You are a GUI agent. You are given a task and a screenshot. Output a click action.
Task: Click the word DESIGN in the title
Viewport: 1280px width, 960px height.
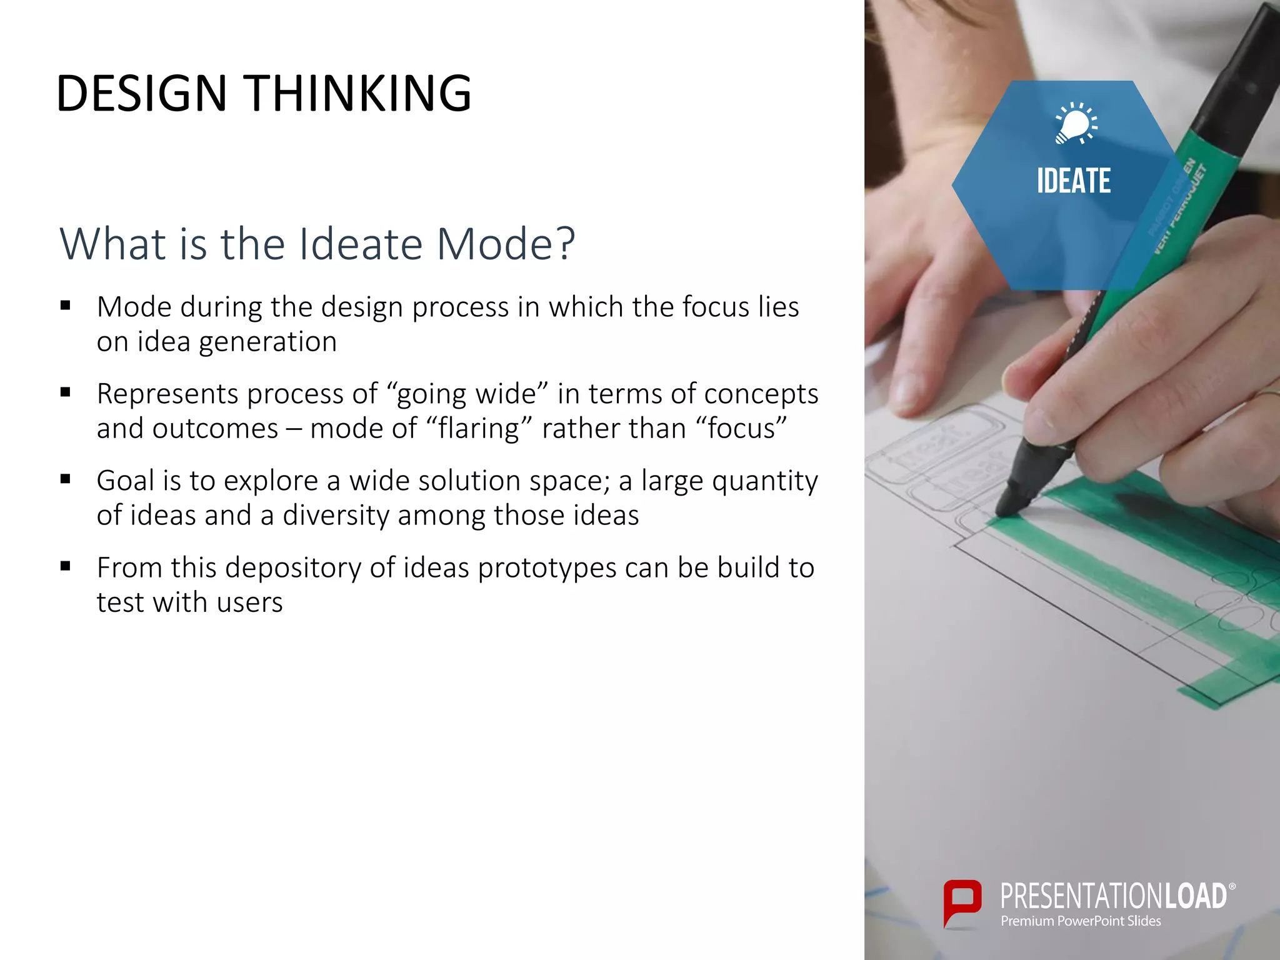pyautogui.click(x=141, y=94)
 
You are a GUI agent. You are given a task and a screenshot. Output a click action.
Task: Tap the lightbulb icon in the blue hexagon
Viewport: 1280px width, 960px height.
pyautogui.click(x=1074, y=123)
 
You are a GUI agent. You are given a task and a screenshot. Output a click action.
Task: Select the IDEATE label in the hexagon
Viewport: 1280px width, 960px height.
pyautogui.click(x=1074, y=181)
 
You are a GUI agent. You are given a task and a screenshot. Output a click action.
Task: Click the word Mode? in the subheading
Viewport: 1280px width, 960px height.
pyautogui.click(x=505, y=244)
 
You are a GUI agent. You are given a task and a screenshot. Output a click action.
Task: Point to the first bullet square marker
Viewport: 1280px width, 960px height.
pyautogui.click(x=66, y=306)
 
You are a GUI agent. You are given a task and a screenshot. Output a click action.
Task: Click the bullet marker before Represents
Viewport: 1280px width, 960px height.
pyautogui.click(x=66, y=393)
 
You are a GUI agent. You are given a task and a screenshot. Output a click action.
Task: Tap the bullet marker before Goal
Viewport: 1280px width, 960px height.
pyautogui.click(x=66, y=480)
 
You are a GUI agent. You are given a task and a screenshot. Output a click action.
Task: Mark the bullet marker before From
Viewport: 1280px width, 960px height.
pyautogui.click(x=66, y=567)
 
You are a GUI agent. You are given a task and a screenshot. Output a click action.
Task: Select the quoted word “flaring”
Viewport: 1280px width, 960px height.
pyautogui.click(x=479, y=429)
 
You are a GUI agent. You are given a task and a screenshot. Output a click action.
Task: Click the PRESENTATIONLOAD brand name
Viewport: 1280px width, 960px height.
pyautogui.click(x=1113, y=896)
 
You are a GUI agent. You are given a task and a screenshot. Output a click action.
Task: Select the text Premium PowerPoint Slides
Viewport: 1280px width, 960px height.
pyautogui.click(x=1081, y=921)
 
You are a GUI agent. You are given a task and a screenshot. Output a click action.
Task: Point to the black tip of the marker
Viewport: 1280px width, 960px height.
pyautogui.click(x=1011, y=500)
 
